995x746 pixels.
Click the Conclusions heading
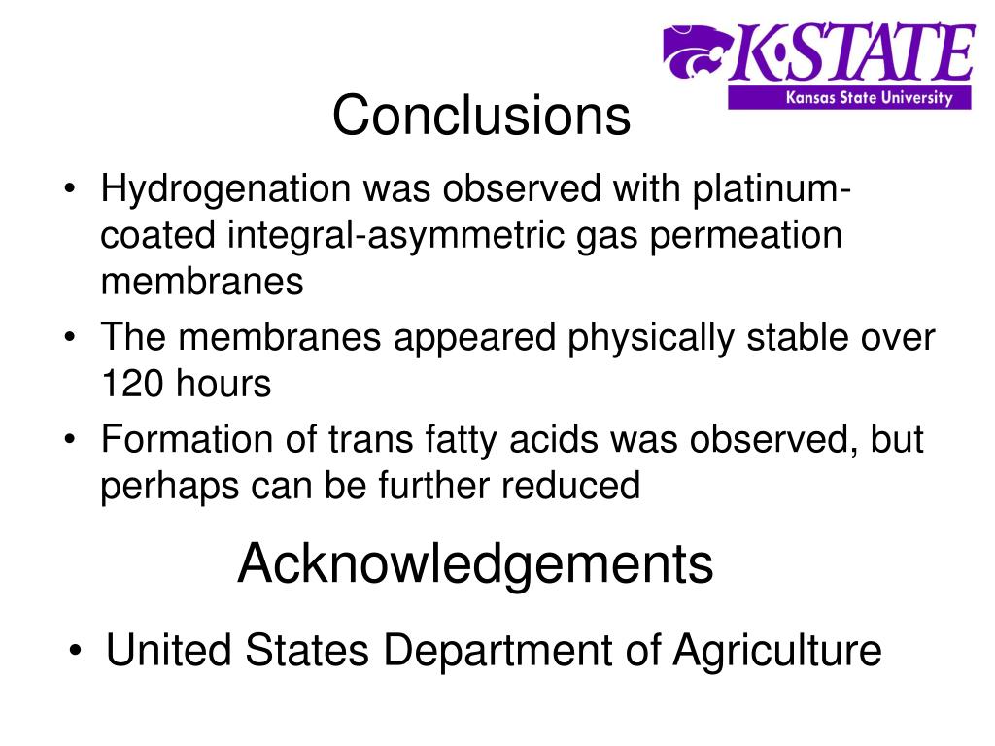click(x=481, y=117)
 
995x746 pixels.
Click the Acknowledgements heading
click(x=475, y=563)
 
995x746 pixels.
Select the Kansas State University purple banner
click(x=851, y=98)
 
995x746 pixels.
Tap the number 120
click(x=131, y=385)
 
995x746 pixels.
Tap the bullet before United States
click(x=77, y=651)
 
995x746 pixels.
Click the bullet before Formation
click(x=74, y=441)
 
